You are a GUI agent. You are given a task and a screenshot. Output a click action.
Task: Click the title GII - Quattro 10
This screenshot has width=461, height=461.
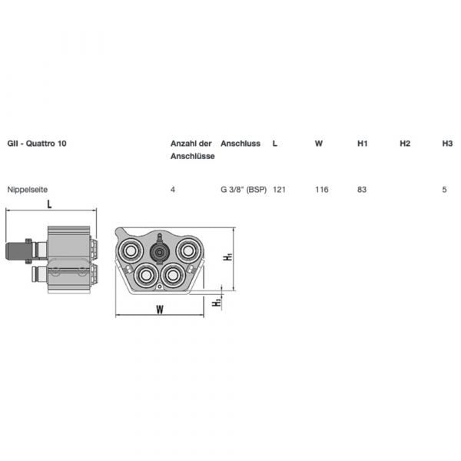pyautogui.click(x=37, y=144)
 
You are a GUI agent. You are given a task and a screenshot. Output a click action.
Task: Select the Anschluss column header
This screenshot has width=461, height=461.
pyautogui.click(x=240, y=144)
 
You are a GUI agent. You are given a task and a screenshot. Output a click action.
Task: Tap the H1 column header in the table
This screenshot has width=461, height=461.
pyautogui.click(x=363, y=144)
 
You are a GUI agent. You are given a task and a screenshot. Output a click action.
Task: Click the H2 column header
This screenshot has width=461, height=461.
pyautogui.click(x=405, y=144)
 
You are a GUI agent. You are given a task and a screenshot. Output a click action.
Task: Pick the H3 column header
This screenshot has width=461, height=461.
pyautogui.click(x=447, y=144)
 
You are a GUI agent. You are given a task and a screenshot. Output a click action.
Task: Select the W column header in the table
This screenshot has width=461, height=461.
pyautogui.click(x=319, y=144)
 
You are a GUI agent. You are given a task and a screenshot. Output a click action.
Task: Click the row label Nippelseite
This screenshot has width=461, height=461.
pyautogui.click(x=28, y=189)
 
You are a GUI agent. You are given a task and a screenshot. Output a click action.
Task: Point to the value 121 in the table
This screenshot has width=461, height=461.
pyautogui.click(x=280, y=189)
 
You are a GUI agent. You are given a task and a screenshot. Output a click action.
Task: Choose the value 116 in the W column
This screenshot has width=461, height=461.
pyautogui.click(x=322, y=189)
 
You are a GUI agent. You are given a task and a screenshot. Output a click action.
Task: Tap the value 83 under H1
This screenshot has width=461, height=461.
pyautogui.click(x=362, y=189)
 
